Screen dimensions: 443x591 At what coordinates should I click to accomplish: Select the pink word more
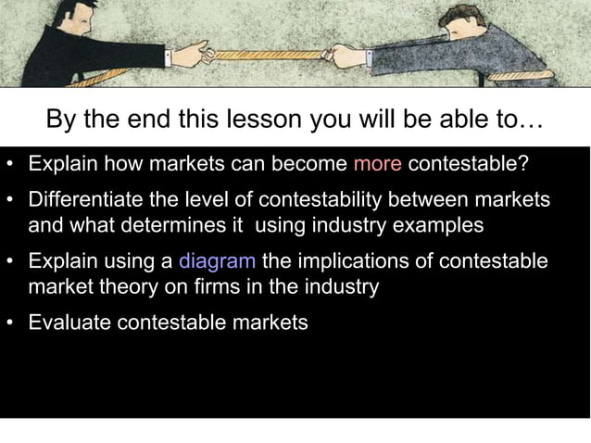point(377,165)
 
